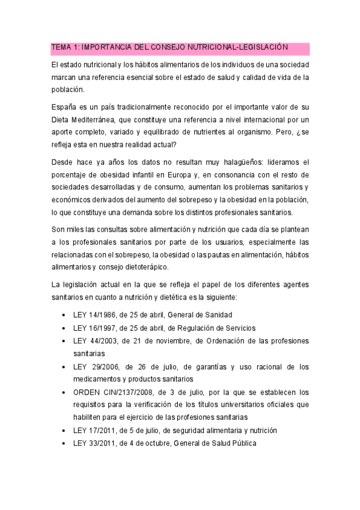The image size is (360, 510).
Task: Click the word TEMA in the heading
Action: point(61,47)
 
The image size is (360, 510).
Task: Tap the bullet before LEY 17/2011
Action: point(64,431)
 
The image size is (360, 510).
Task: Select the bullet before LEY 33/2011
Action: point(64,444)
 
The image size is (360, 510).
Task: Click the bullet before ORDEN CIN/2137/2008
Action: point(64,392)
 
